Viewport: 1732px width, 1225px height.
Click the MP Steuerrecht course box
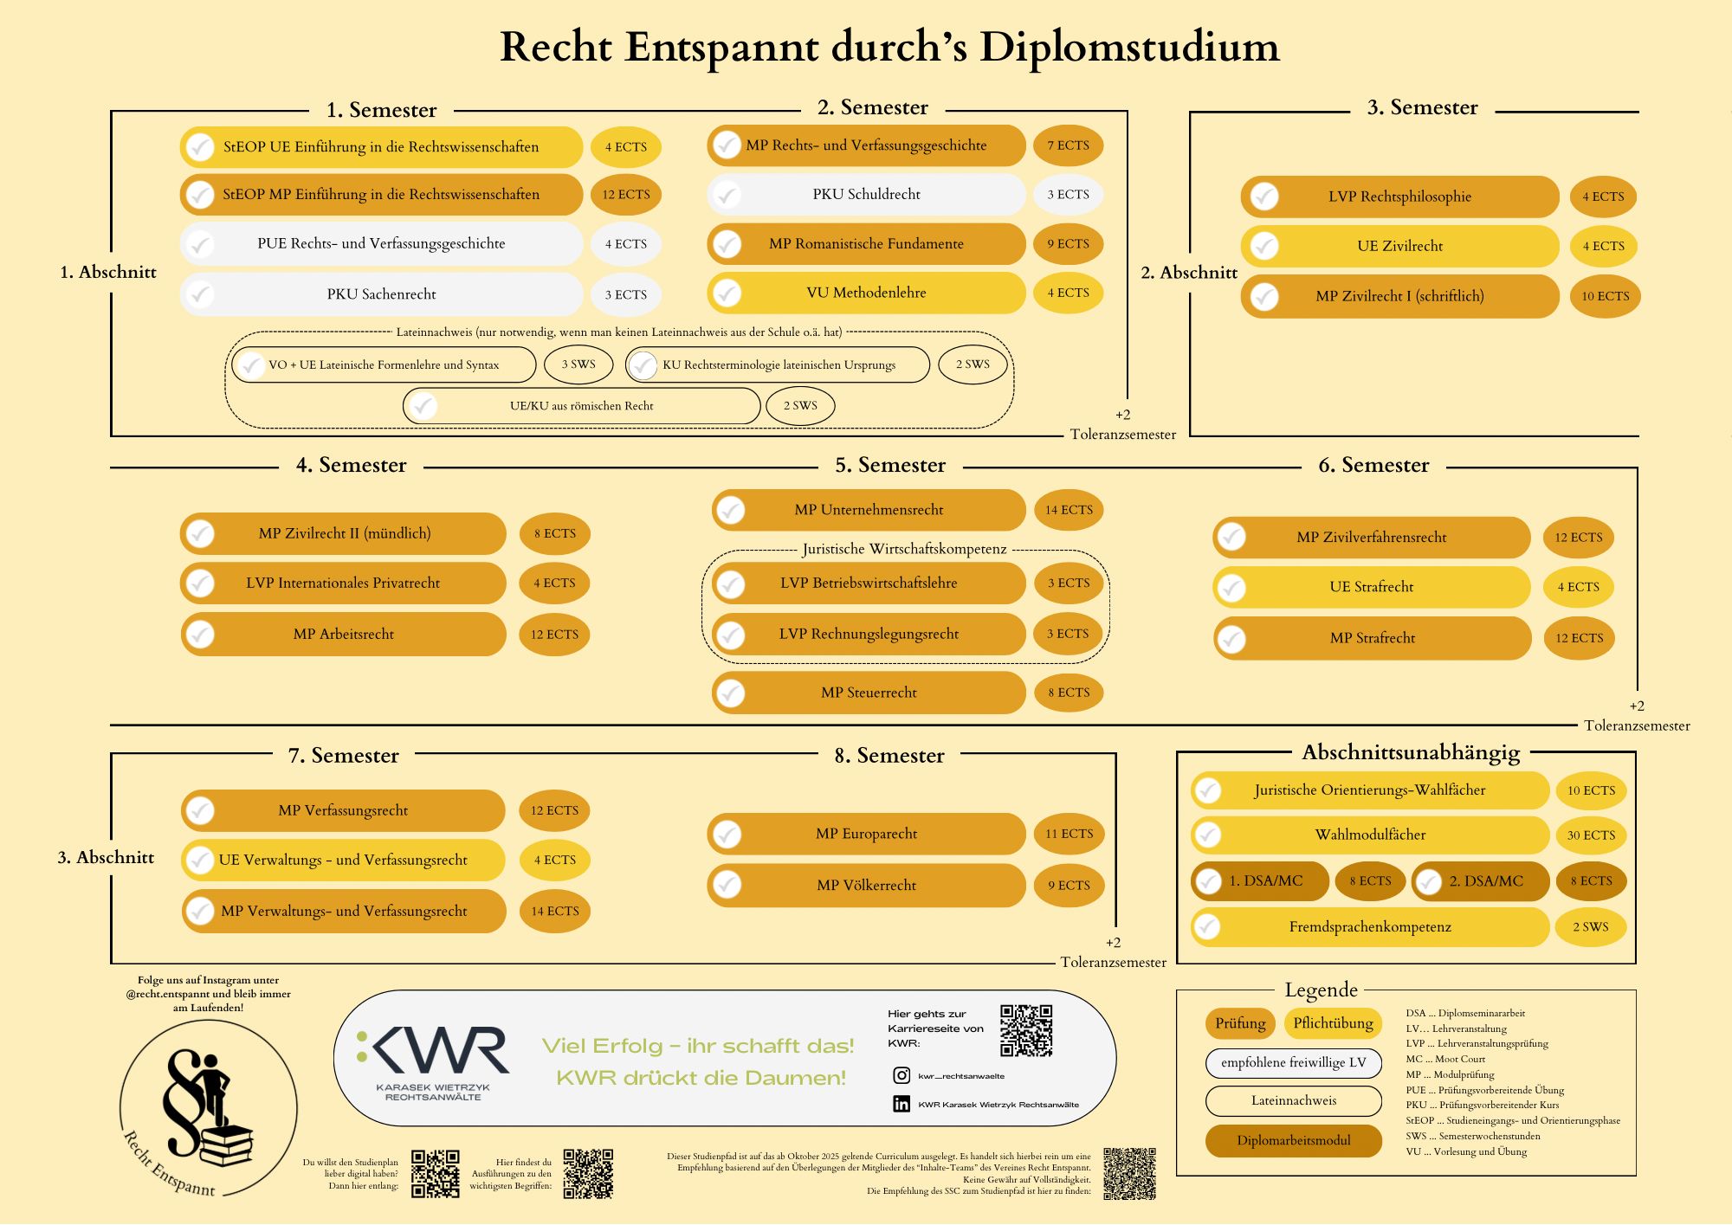pos(869,693)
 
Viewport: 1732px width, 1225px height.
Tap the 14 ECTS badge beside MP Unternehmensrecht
pos(1069,510)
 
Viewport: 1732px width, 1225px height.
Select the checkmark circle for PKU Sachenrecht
pos(201,294)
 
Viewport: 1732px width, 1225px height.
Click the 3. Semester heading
pos(1422,107)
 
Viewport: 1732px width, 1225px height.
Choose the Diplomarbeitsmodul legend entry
pos(1293,1140)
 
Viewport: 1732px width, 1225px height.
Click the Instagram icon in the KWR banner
pos(902,1075)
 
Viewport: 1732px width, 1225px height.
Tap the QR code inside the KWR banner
pos(1026,1030)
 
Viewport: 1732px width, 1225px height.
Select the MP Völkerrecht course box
pos(866,885)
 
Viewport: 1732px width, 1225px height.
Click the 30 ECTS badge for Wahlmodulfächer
pos(1591,835)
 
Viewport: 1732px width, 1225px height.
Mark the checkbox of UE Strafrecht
pos(1231,588)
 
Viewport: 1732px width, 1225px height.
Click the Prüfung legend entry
pos(1240,1023)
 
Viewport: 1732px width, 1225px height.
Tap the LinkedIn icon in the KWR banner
pos(902,1104)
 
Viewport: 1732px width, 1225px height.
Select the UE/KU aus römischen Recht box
pos(581,406)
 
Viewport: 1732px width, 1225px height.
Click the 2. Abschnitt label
pos(1188,273)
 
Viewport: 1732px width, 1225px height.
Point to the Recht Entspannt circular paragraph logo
pos(209,1108)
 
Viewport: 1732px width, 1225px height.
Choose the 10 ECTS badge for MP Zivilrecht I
pos(1605,296)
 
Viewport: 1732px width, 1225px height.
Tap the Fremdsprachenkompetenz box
pos(1369,927)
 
